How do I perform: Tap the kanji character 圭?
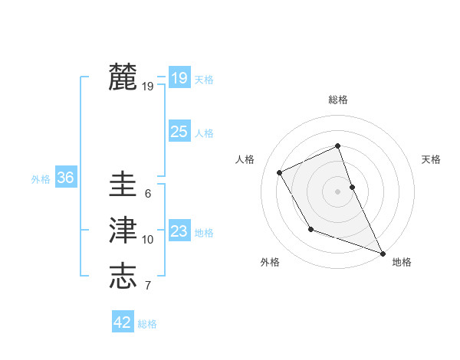123,185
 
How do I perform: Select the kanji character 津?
123,231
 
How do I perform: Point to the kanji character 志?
123,276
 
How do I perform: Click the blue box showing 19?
179,78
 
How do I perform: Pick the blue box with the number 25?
179,132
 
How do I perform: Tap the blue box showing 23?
179,231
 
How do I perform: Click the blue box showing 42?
123,322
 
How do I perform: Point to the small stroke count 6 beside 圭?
147,194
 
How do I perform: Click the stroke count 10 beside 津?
147,240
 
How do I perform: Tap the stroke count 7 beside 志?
147,286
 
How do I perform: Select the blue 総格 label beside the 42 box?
147,324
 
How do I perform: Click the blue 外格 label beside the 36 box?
41,180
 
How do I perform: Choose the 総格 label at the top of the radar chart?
338,100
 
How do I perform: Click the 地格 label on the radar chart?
402,262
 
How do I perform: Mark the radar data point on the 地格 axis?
383,254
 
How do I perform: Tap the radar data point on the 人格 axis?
280,172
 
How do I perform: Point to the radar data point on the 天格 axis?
353,186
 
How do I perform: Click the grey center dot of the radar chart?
338,191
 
